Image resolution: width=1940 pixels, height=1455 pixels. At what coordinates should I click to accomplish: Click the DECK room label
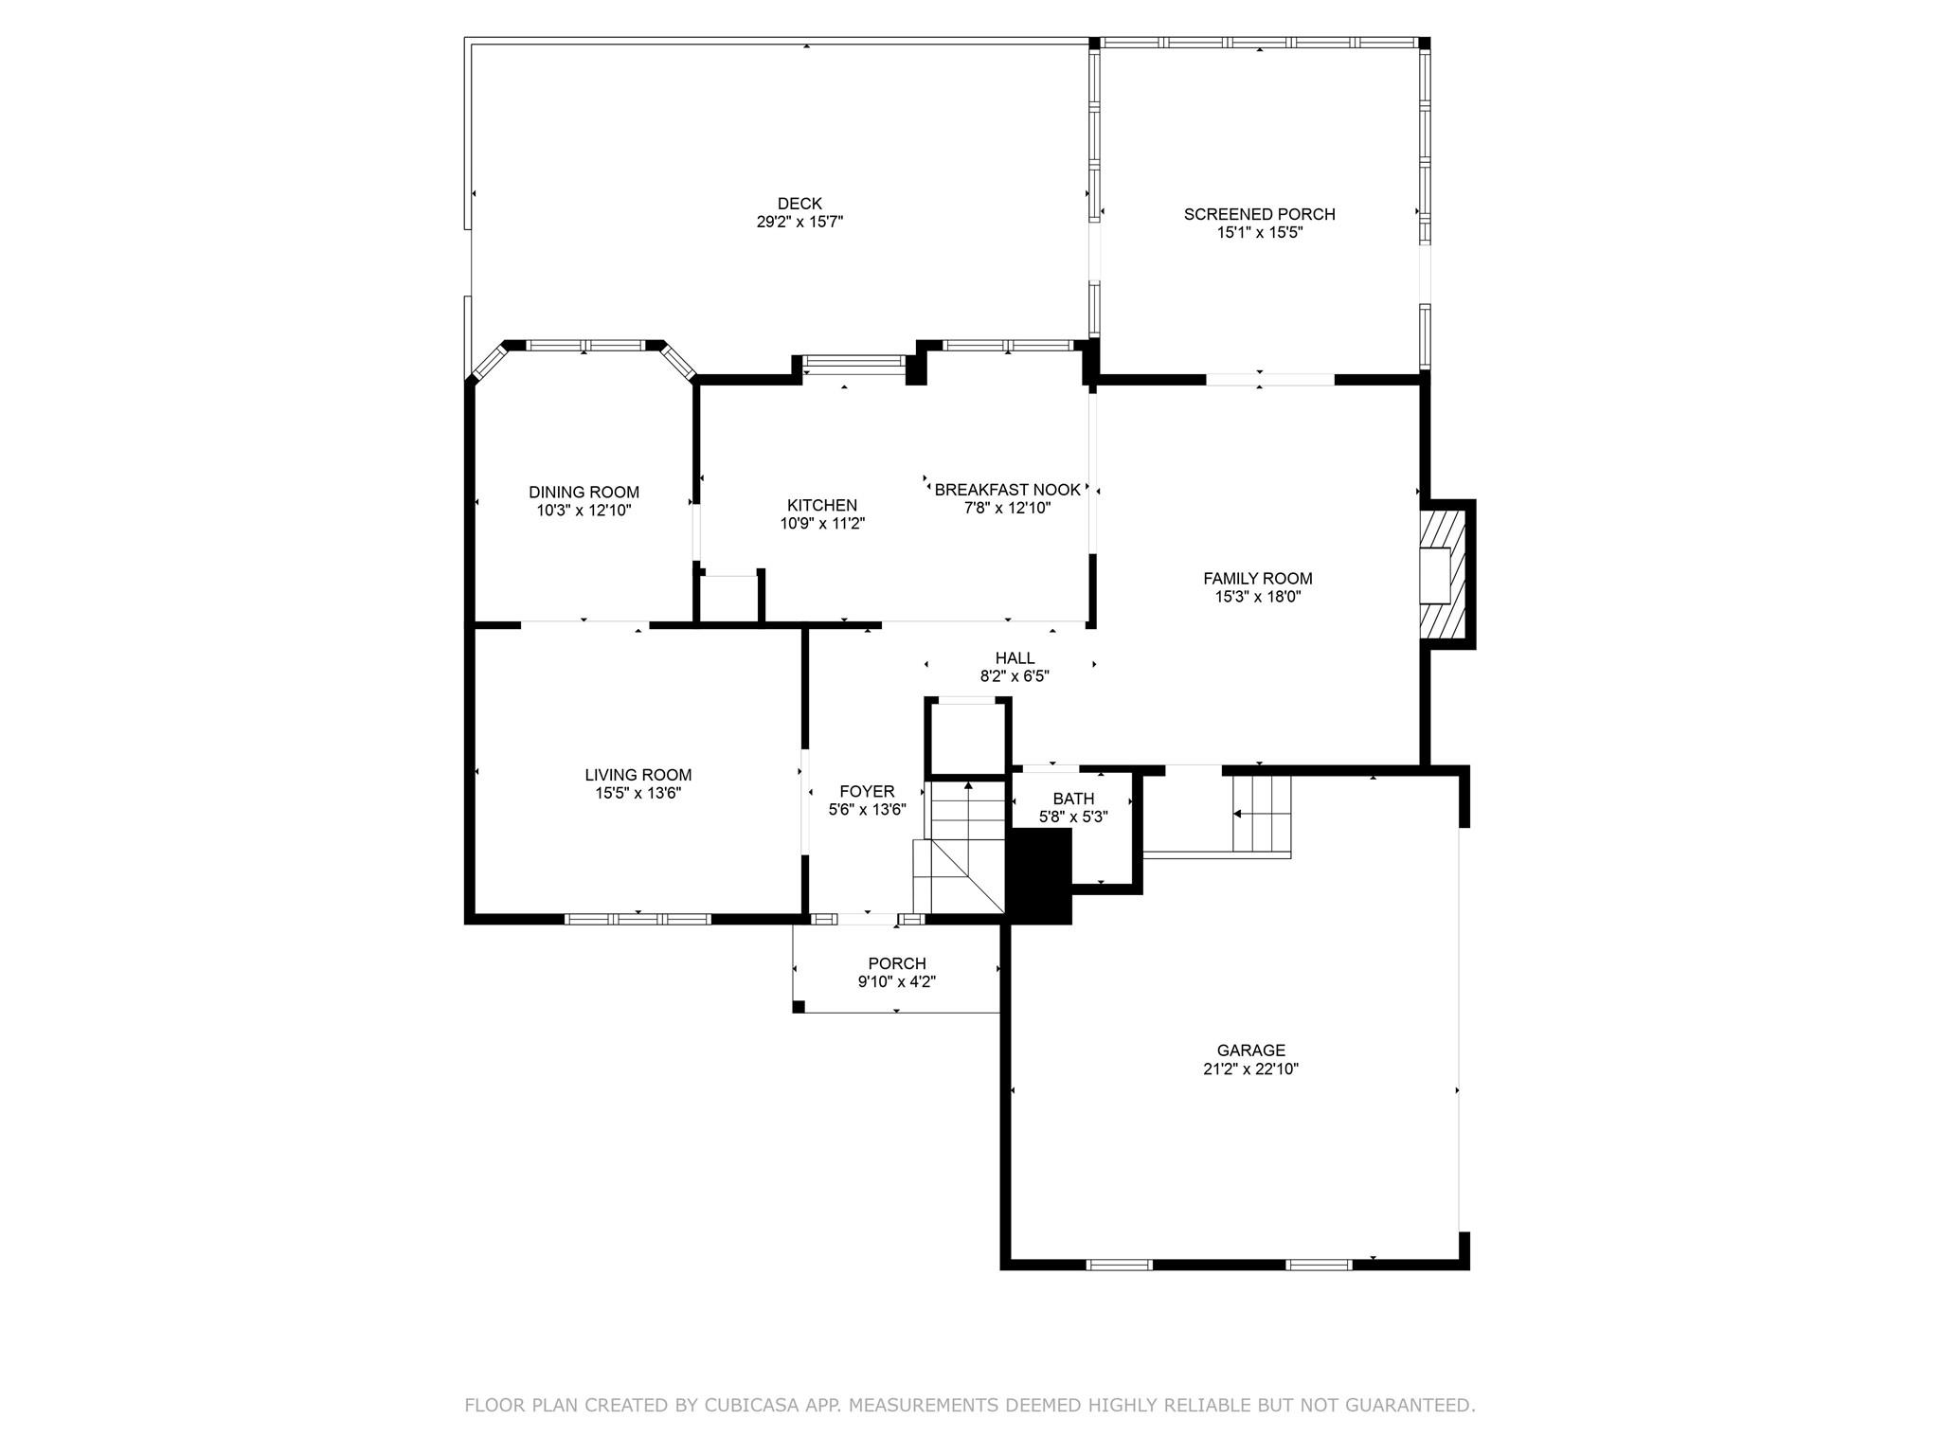(799, 204)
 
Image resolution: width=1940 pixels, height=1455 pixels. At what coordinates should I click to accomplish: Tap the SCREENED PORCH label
(1259, 214)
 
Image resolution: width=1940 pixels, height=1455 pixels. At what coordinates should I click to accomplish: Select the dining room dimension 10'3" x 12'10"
(584, 511)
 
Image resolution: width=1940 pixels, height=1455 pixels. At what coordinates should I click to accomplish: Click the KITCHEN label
(822, 505)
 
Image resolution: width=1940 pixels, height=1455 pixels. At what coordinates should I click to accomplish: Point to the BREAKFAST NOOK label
(1007, 490)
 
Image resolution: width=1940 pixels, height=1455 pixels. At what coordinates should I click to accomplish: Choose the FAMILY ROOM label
(1258, 578)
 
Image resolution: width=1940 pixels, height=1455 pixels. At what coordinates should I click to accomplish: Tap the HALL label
(1015, 658)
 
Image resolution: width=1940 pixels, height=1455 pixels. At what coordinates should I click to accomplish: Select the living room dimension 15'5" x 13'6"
(638, 794)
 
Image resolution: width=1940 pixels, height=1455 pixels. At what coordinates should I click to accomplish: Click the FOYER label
(867, 792)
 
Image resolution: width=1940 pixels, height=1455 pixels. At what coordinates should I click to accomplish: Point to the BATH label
(1073, 799)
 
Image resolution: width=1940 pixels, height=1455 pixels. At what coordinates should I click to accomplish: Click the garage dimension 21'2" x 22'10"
(1250, 1069)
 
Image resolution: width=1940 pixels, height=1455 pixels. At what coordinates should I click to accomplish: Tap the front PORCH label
(897, 964)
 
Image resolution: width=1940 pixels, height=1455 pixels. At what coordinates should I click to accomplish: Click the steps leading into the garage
(1261, 814)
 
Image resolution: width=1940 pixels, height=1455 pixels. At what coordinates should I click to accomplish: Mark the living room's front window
(638, 919)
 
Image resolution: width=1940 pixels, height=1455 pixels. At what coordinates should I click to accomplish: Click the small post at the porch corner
(799, 1007)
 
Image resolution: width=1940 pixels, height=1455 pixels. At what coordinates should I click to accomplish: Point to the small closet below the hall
(968, 738)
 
